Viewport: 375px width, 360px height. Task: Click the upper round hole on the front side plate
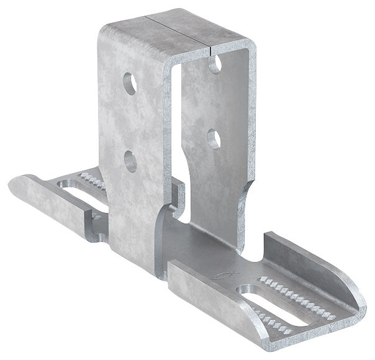(130, 83)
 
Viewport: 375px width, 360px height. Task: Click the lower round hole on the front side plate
(130, 161)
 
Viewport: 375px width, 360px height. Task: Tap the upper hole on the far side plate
(214, 64)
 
